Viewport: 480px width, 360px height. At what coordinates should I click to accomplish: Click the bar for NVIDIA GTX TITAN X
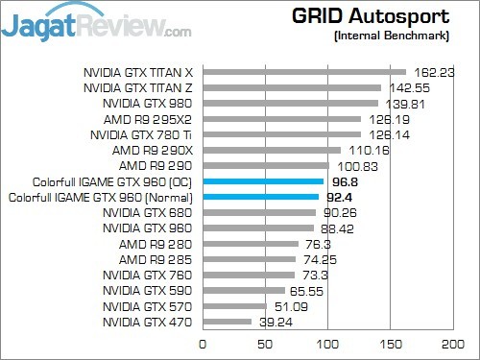point(303,71)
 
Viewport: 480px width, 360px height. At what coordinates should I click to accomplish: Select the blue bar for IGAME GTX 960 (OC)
point(262,180)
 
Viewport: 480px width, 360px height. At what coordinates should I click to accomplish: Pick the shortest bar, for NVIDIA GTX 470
point(227,322)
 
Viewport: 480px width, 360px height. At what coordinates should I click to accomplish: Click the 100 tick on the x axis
point(327,343)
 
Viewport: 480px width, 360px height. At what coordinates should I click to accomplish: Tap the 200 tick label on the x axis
point(451,343)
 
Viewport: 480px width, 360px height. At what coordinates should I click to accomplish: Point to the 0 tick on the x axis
point(203,343)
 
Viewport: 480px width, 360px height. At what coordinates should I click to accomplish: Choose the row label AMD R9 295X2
point(150,118)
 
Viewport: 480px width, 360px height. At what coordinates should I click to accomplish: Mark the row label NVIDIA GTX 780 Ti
point(144,133)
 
